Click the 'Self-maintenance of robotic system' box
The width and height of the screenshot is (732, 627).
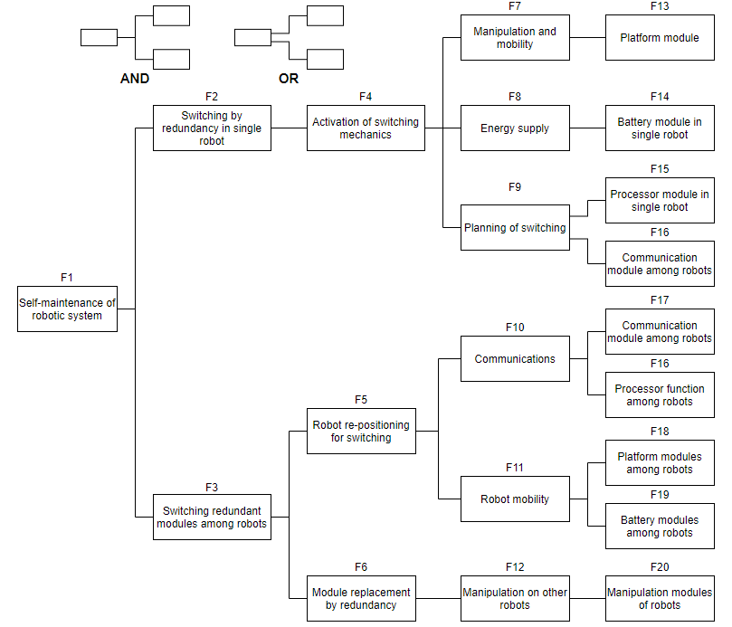point(67,309)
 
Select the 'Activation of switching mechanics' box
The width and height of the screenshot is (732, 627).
point(366,128)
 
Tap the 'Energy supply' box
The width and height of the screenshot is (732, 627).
point(515,128)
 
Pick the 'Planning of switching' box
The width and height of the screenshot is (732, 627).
point(515,227)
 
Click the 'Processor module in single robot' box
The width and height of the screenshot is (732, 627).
point(660,200)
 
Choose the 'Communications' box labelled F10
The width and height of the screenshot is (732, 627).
point(515,358)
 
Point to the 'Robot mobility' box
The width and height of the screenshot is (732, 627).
point(515,499)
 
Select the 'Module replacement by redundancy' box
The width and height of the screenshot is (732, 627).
point(361,598)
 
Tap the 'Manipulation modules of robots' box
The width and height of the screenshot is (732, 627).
point(660,598)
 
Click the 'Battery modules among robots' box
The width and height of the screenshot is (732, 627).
point(660,526)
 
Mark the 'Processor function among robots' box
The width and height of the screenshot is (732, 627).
point(660,394)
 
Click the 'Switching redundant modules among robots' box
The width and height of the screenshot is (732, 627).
point(212,517)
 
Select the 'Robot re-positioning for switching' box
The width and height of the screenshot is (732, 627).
point(361,431)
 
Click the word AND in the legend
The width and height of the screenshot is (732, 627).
point(135,79)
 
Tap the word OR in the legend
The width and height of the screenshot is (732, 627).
point(289,79)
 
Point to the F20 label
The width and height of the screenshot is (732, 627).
point(660,566)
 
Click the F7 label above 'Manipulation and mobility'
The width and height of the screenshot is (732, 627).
point(515,6)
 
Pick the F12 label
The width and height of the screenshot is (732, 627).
point(515,566)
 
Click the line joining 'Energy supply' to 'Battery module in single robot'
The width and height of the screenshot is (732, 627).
point(587,128)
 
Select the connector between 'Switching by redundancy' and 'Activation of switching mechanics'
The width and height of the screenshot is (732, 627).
point(289,128)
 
